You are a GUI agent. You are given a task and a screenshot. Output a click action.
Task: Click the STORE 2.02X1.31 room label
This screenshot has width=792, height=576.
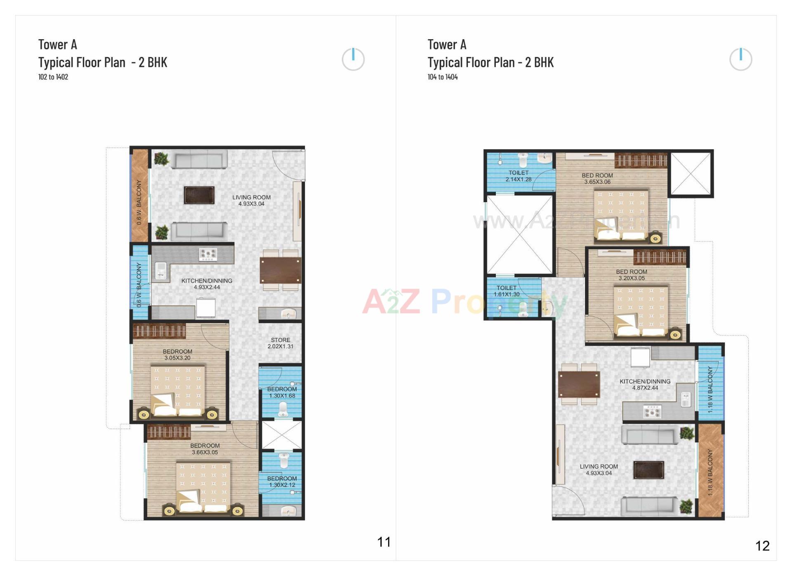pyautogui.click(x=280, y=343)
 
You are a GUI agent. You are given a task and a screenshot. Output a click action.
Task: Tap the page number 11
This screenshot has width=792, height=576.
pyautogui.click(x=384, y=542)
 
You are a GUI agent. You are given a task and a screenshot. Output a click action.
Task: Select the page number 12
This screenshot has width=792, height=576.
pyautogui.click(x=762, y=546)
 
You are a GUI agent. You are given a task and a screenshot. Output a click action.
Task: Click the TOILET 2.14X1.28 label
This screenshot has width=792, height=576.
pyautogui.click(x=518, y=176)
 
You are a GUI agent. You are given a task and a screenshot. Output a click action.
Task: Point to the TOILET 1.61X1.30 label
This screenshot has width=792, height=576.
pyautogui.click(x=507, y=291)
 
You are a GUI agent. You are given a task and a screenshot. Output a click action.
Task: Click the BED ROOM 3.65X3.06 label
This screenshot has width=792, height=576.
pyautogui.click(x=597, y=179)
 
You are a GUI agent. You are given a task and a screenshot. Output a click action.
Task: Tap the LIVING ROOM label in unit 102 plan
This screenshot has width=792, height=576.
pyautogui.click(x=251, y=201)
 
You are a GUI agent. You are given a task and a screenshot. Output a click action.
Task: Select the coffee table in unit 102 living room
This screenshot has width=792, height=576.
pyautogui.click(x=199, y=195)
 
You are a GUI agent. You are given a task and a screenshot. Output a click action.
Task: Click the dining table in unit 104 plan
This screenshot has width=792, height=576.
pyautogui.click(x=579, y=384)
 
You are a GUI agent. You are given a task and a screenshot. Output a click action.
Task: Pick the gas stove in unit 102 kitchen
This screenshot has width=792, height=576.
pyautogui.click(x=207, y=254)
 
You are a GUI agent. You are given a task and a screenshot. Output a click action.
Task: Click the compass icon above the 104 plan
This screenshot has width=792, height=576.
pyautogui.click(x=740, y=59)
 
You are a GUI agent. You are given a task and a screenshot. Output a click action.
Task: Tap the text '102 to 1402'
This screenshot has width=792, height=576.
pyautogui.click(x=53, y=77)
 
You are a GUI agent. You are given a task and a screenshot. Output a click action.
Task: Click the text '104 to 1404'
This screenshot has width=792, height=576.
pyautogui.click(x=442, y=77)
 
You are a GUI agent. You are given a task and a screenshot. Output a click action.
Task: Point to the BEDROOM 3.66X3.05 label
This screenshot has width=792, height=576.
pyautogui.click(x=205, y=449)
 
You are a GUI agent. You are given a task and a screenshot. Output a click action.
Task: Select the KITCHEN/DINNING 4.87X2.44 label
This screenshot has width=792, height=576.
pyautogui.click(x=645, y=385)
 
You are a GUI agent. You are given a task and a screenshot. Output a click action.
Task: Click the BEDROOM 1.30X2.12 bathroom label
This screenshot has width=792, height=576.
pyautogui.click(x=282, y=482)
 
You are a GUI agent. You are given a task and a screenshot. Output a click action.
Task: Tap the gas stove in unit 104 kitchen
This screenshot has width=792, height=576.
pyautogui.click(x=652, y=411)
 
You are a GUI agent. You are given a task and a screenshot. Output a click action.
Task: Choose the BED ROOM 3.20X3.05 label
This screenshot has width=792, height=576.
pyautogui.click(x=631, y=275)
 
